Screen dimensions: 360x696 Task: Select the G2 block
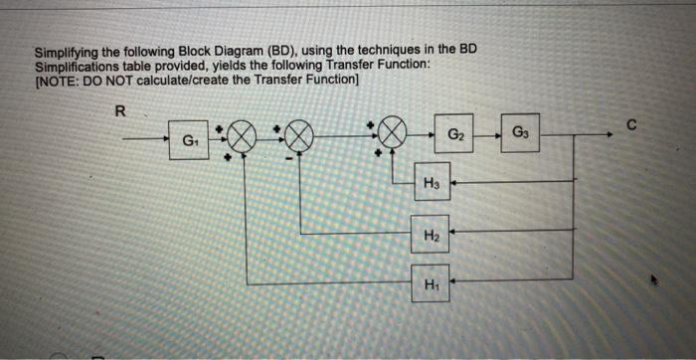pos(453,134)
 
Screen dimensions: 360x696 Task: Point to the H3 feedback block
pos(430,182)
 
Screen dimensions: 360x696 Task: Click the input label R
pos(120,112)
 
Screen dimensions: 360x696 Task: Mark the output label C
pos(630,123)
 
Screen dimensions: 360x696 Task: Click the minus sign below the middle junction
pos(290,158)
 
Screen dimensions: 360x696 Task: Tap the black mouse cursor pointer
pos(651,281)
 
